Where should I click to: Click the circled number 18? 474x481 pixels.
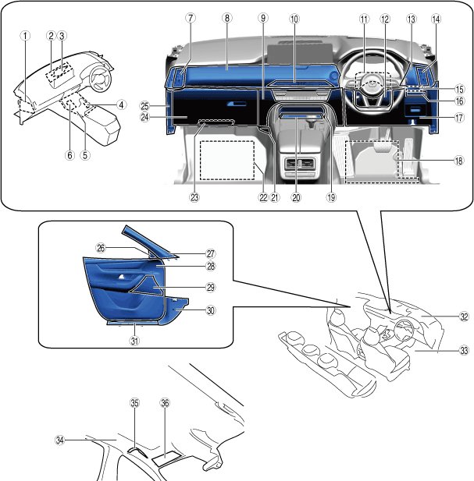(x=458, y=161)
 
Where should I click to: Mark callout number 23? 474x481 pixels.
(x=194, y=197)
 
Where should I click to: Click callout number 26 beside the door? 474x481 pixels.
(x=101, y=247)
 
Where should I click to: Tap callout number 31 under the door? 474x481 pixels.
(x=134, y=340)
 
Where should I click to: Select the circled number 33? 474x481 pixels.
(x=464, y=351)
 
